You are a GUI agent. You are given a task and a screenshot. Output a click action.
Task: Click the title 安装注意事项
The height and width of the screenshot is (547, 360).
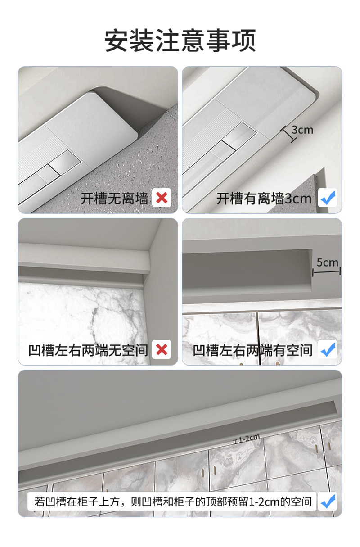(x=180, y=41)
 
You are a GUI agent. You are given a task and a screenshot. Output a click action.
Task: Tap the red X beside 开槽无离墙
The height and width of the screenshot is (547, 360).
(x=162, y=198)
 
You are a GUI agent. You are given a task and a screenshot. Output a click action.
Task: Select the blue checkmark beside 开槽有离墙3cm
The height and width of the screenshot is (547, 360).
(x=328, y=198)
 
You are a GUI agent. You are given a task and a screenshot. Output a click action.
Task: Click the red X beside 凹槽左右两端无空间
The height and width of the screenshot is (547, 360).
(x=162, y=349)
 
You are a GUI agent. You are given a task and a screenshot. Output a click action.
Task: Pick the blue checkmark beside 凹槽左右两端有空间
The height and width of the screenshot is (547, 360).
(x=328, y=349)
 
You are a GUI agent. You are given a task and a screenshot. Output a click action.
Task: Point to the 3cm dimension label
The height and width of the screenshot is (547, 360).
(x=302, y=130)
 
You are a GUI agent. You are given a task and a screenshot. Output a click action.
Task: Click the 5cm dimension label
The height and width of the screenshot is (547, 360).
(x=327, y=262)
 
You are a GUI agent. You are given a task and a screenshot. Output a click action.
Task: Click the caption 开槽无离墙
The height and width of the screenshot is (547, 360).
(x=114, y=198)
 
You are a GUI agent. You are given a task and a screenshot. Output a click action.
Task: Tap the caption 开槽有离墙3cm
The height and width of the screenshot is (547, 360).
(x=264, y=198)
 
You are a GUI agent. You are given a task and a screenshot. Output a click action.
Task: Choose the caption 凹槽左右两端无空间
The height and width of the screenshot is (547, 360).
(x=88, y=350)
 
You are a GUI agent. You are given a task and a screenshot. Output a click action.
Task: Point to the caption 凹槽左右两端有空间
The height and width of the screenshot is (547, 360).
(x=252, y=350)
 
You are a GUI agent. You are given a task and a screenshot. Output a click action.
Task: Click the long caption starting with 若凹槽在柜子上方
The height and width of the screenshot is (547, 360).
(x=173, y=502)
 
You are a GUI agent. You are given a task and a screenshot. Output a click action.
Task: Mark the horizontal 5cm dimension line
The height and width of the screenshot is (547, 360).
(x=327, y=271)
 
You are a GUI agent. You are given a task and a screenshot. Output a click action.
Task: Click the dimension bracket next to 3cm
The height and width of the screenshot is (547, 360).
(x=288, y=134)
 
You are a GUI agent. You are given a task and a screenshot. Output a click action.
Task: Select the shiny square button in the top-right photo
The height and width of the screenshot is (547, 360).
(x=239, y=135)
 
